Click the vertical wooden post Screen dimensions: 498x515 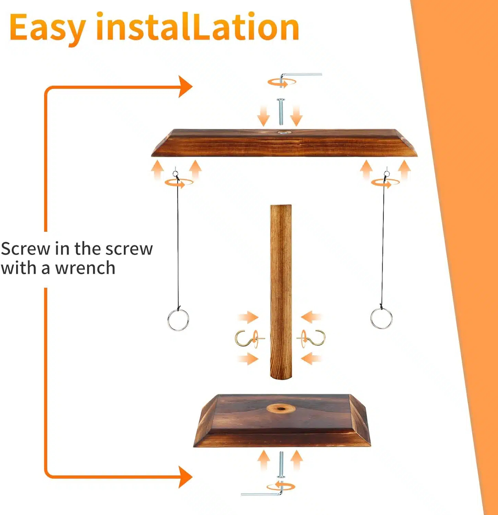coord(281,292)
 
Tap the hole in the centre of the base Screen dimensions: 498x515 coord(281,409)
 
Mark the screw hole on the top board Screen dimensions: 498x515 coord(283,132)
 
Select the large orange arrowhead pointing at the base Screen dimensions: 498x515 coord(186,477)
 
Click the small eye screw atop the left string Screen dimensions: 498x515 coord(176,174)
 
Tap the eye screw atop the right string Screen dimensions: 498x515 coord(387,174)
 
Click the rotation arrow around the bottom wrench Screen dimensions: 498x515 coord(281,487)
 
